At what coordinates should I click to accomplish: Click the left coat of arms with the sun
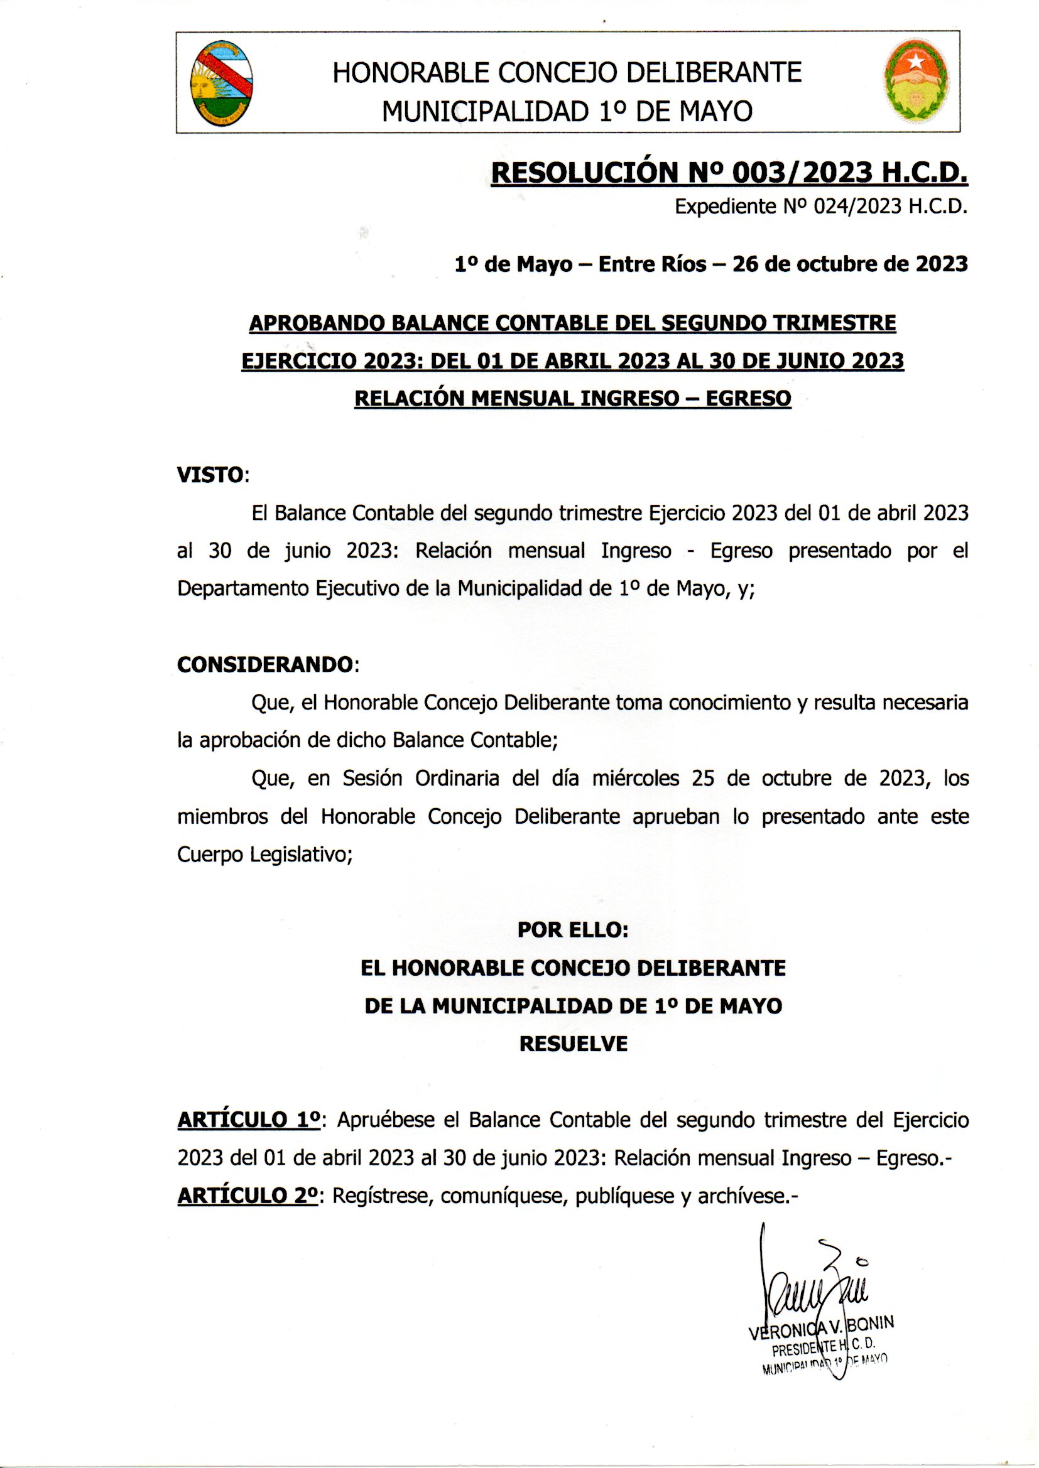221,83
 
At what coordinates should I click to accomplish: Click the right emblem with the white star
916,81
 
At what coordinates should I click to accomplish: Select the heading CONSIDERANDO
265,664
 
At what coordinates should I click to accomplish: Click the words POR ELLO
573,930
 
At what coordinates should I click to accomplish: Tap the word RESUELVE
573,1044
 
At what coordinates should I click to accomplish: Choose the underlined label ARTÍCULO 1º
248,1120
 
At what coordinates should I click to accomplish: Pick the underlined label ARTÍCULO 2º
248,1195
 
